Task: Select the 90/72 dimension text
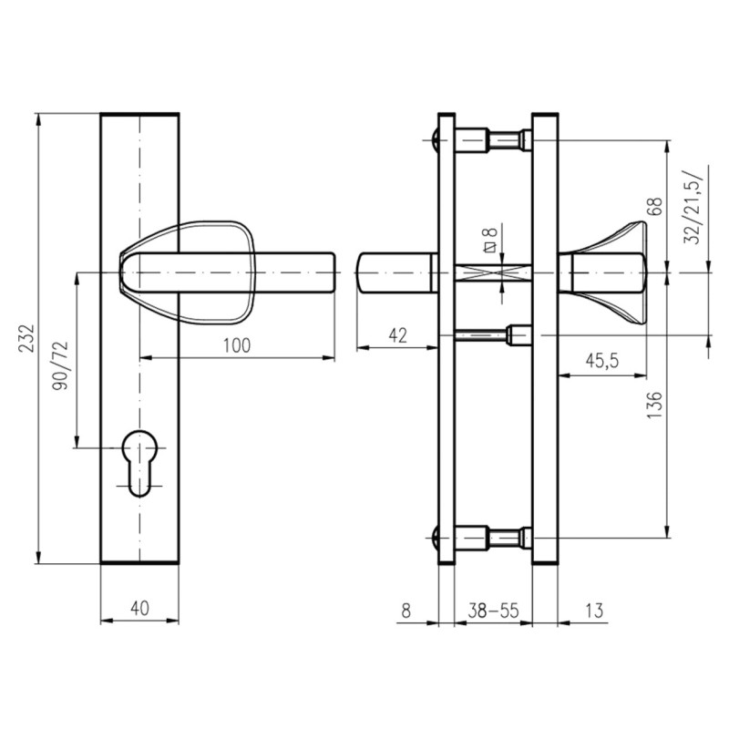(x=60, y=366)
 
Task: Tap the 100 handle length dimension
(x=237, y=346)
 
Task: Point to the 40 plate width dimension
(x=139, y=608)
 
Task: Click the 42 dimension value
(x=397, y=335)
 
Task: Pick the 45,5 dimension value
(x=602, y=361)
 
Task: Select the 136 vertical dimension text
(x=653, y=405)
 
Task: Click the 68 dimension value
(x=653, y=207)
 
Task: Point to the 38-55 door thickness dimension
(x=493, y=611)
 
